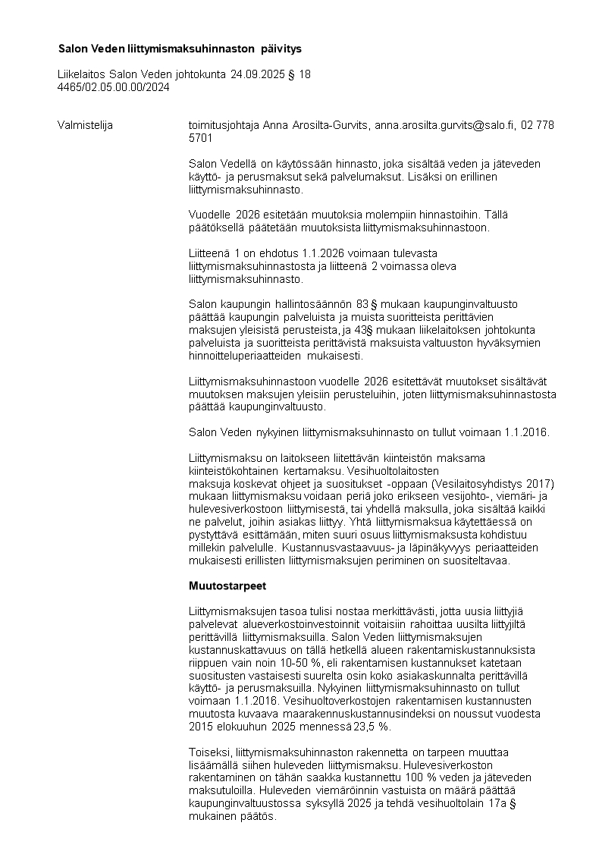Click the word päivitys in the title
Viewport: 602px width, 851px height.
(281, 49)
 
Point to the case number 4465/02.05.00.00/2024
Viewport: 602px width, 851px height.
(114, 87)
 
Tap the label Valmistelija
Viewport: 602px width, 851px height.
(85, 125)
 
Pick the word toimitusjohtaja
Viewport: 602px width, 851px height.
(224, 125)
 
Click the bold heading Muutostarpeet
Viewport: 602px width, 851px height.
(227, 586)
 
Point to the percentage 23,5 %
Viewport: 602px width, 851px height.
(374, 726)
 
